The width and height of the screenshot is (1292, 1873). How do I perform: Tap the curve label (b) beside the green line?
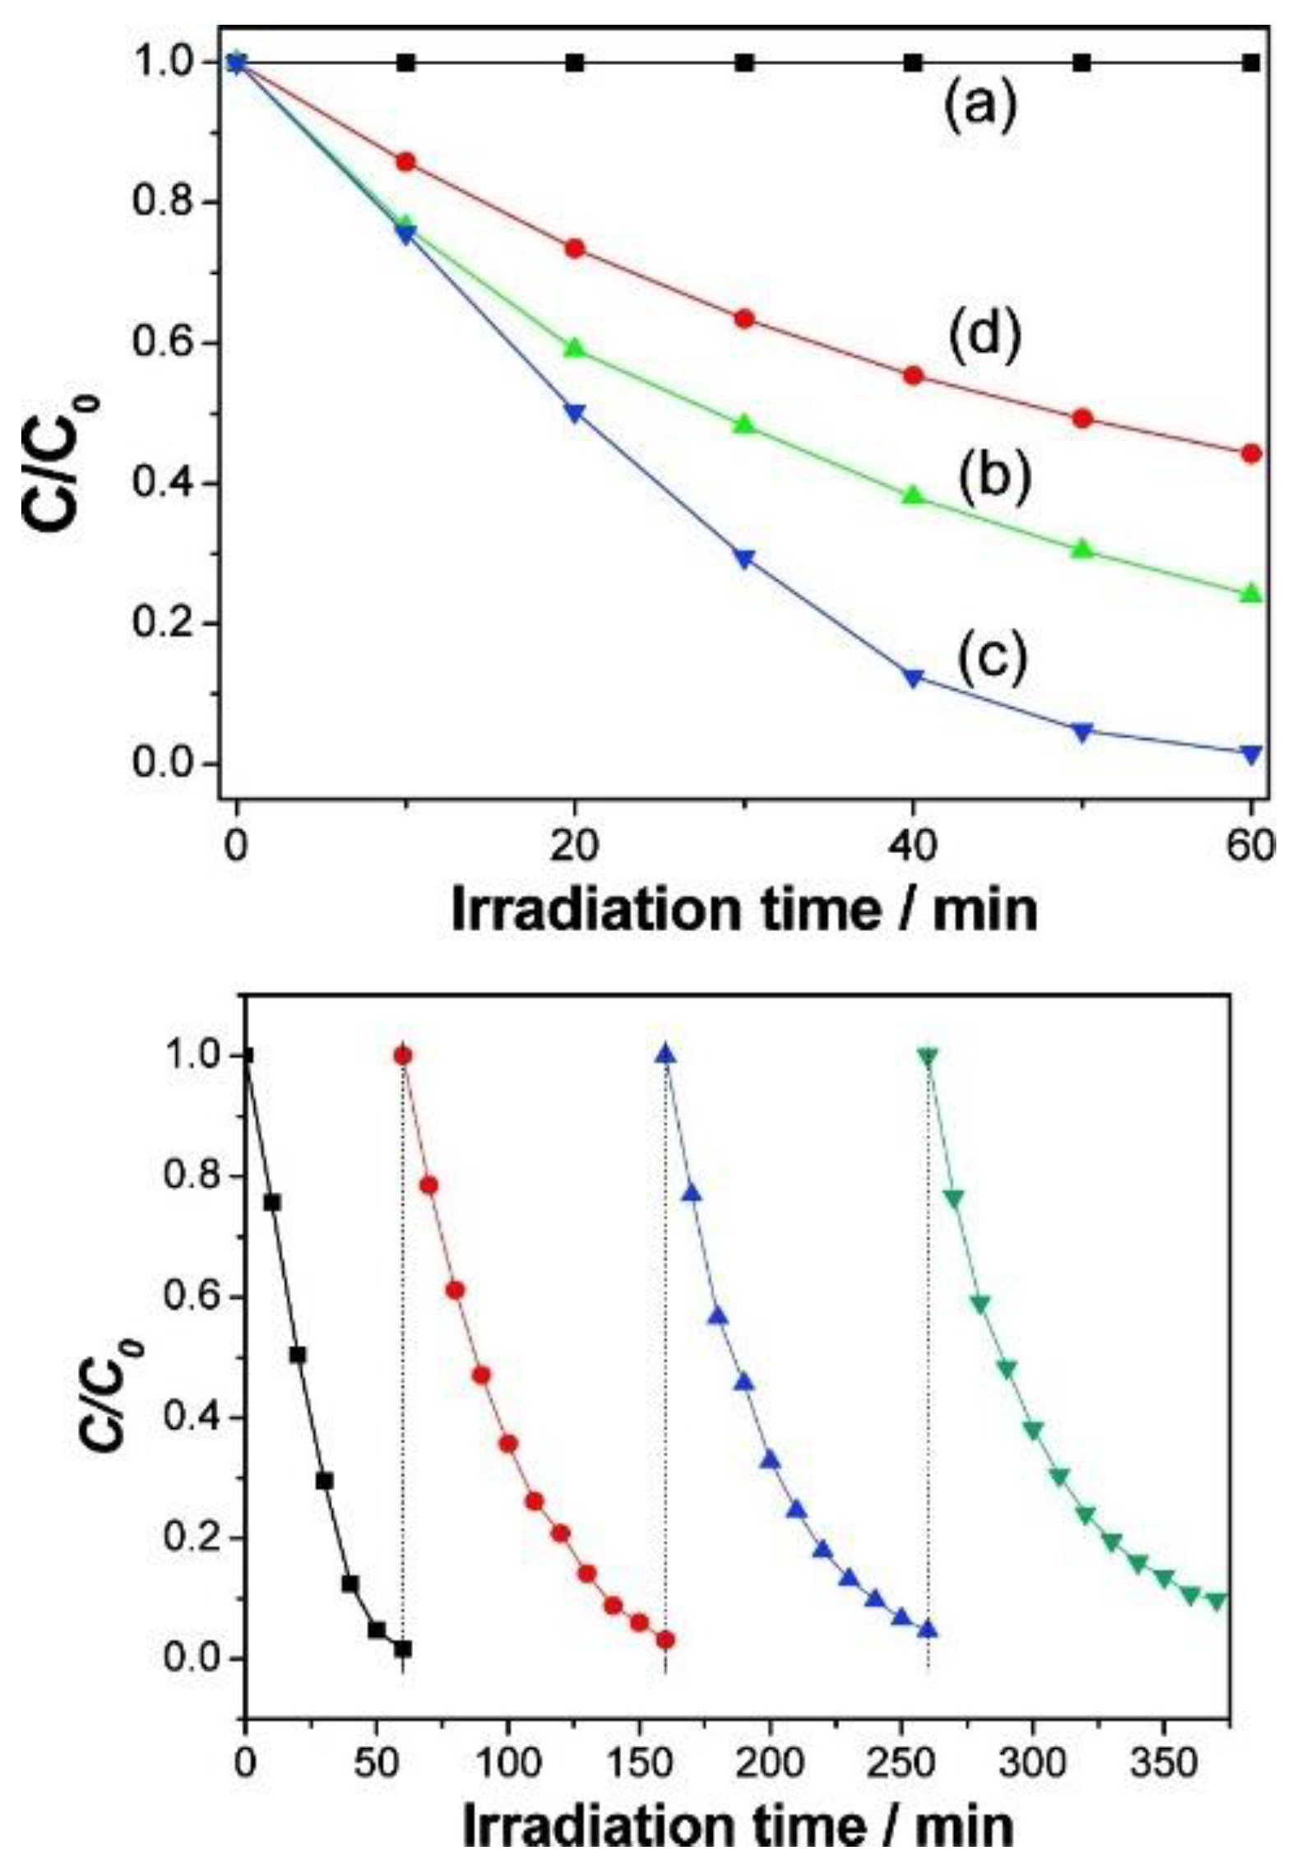(993, 477)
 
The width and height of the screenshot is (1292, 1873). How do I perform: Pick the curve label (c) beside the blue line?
(991, 658)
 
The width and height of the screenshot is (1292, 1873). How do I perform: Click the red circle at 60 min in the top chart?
(1251, 453)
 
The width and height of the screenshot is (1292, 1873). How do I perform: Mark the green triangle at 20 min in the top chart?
(575, 349)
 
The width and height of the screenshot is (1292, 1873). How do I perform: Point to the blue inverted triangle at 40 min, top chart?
(913, 678)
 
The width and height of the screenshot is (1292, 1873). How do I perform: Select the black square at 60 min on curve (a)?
(1251, 63)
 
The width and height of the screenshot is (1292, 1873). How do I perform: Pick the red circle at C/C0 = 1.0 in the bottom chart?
(403, 1055)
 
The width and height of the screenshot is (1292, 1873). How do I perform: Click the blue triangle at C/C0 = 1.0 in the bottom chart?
(665, 1055)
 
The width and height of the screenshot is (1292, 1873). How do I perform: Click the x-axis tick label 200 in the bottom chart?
(770, 1764)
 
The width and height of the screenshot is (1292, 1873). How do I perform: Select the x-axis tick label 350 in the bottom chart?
(1163, 1764)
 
